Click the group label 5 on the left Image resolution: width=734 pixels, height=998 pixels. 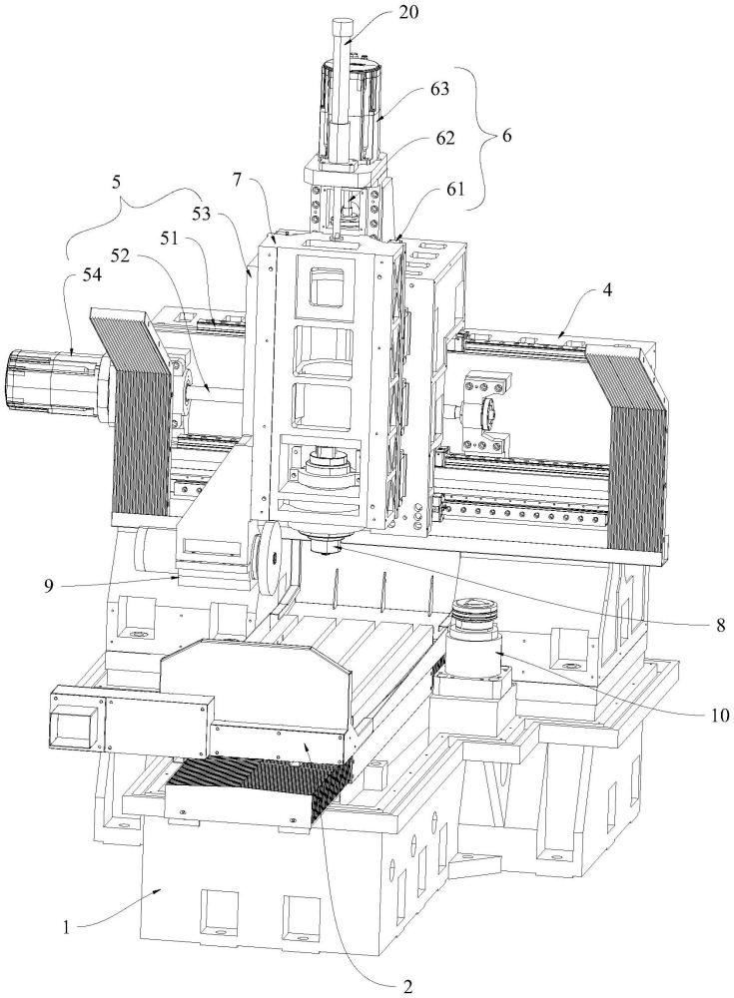click(119, 185)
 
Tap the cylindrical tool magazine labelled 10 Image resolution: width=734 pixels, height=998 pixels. click(473, 649)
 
